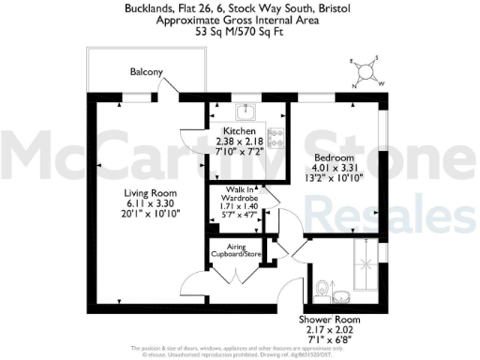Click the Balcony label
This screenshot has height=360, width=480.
pos(146,72)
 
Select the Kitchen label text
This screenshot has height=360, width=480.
pos(240,131)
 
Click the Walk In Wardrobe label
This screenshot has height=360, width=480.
pos(240,194)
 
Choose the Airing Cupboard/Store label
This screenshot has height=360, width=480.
pos(237,248)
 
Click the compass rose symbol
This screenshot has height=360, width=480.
pos(368,71)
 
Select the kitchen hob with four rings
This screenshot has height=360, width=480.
pos(276,139)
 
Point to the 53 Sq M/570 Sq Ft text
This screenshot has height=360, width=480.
pos(240,31)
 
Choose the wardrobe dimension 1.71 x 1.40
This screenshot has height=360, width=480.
pos(240,204)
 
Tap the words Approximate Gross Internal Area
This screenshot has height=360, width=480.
pos(240,20)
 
